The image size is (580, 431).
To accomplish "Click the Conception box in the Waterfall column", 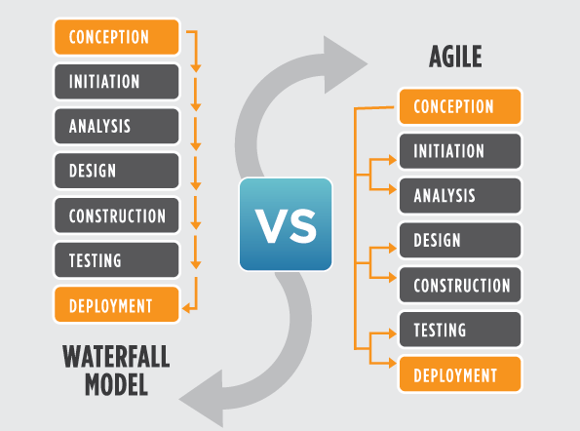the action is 117,37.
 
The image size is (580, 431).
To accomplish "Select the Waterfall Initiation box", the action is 117,81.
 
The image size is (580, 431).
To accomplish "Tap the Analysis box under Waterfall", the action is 117,126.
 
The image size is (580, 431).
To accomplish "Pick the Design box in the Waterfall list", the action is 117,171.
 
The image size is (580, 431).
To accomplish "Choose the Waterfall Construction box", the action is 117,215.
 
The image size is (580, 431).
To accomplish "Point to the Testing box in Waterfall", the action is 117,260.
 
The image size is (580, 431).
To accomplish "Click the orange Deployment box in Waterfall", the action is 117,304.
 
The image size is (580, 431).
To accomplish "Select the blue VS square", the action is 286,224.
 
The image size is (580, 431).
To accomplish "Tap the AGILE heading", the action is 455,57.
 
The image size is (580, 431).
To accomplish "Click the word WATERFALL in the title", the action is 116,356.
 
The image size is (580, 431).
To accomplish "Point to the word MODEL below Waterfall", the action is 116,385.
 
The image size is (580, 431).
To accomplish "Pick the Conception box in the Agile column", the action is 460,106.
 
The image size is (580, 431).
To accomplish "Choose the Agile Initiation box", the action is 460,151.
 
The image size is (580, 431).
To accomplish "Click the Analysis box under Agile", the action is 460,196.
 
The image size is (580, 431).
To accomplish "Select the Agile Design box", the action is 460,241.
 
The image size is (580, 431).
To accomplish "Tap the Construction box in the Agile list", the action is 460,286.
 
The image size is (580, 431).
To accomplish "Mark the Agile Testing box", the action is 460,330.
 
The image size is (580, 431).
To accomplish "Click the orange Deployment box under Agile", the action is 460,374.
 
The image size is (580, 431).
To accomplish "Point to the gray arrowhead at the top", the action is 342,64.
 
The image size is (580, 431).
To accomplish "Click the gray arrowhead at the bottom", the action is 205,399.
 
